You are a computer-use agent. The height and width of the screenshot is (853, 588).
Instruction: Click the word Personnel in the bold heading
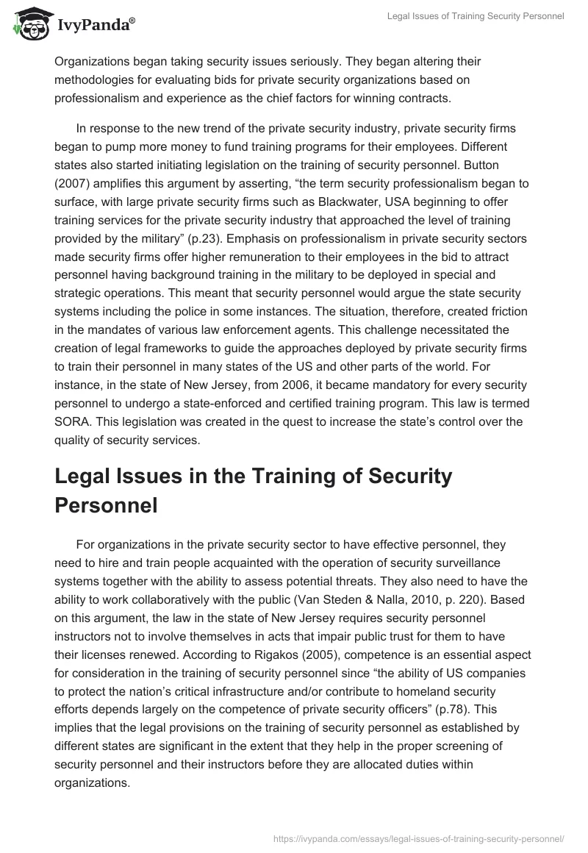point(106,507)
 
